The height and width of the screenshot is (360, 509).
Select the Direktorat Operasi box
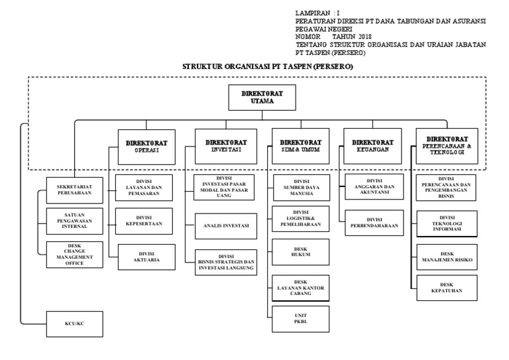146,146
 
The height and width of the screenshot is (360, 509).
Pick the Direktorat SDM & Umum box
300,146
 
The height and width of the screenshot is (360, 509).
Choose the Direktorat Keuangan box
372,145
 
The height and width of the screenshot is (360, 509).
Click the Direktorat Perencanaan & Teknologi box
447,145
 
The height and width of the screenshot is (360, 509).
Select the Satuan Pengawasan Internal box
74,221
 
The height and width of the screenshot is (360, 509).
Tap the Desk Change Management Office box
74,254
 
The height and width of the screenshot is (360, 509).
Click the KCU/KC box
74,324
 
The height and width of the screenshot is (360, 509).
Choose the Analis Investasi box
225,226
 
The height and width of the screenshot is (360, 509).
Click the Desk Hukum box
300,251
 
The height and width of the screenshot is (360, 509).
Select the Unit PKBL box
300,318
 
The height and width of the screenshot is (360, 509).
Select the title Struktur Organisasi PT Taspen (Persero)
268,68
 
